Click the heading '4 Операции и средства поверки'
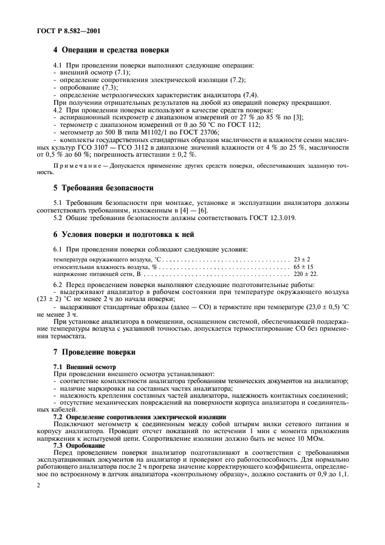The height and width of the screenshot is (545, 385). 112,49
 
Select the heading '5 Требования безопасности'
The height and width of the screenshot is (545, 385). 103,188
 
